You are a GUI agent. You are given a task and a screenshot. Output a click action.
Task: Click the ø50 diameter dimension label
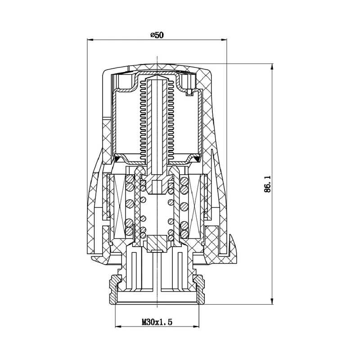coord(157,35)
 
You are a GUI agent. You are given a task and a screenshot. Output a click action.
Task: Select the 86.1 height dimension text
coord(267,184)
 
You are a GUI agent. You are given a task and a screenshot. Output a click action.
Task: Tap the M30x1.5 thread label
coord(157,322)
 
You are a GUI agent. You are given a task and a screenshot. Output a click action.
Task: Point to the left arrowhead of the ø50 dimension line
coord(90,40)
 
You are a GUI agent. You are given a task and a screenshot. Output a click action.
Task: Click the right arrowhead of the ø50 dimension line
coord(224,40)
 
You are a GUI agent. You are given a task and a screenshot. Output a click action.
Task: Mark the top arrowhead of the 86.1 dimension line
coord(272,67)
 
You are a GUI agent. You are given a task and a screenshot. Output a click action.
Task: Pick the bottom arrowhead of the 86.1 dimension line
coord(272,301)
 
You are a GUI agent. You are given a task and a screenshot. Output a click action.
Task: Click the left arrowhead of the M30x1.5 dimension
coord(118,326)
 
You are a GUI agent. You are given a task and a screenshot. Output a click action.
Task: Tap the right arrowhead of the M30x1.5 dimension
coord(196,326)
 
